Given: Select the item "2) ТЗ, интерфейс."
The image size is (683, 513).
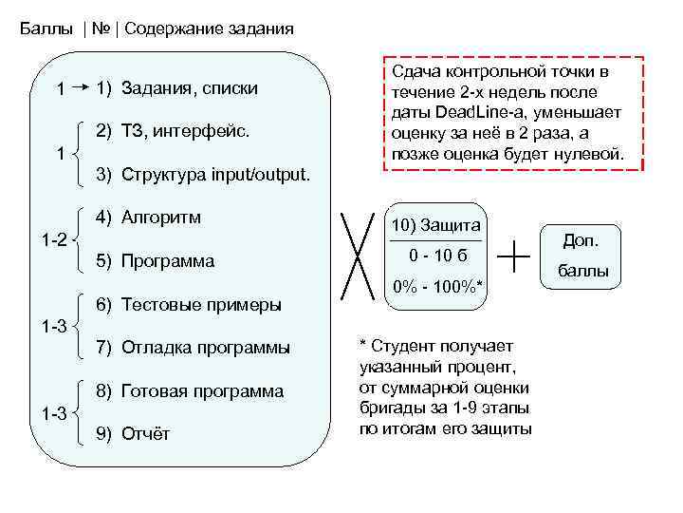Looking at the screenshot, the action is (174, 131).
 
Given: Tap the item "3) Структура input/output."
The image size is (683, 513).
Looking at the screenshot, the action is (202, 174).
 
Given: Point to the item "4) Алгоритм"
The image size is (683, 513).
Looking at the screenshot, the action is (148, 218).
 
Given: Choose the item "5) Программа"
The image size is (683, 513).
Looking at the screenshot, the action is (156, 260).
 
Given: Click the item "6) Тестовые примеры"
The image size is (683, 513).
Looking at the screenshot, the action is (189, 304).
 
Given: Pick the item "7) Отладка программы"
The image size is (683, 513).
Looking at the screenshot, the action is (194, 348).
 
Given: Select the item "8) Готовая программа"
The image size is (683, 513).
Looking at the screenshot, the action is (190, 390).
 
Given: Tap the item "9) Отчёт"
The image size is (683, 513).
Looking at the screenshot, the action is (134, 434).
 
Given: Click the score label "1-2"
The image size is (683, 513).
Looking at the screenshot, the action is (53, 239).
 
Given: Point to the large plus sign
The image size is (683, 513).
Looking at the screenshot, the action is (513, 254).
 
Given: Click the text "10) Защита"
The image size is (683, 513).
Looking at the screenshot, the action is (436, 225).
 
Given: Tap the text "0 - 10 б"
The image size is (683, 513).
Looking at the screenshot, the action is (436, 256).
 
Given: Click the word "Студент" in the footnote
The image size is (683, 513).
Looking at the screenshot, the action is (404, 344).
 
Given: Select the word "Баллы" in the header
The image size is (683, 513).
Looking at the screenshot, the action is (46, 28).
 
